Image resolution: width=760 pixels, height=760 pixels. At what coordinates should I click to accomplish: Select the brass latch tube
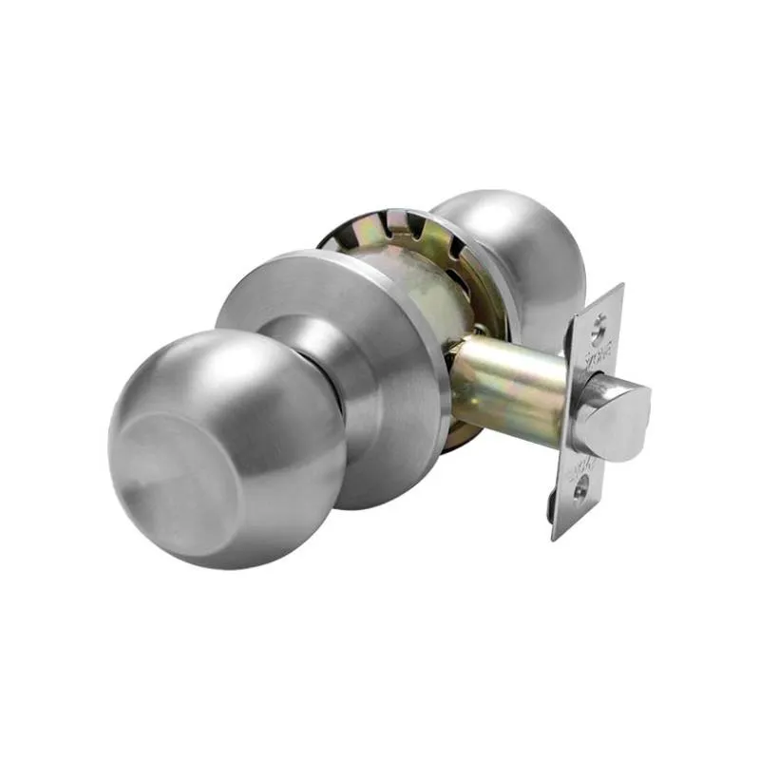513,385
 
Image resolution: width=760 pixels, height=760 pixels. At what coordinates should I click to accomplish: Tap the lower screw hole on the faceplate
580,494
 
